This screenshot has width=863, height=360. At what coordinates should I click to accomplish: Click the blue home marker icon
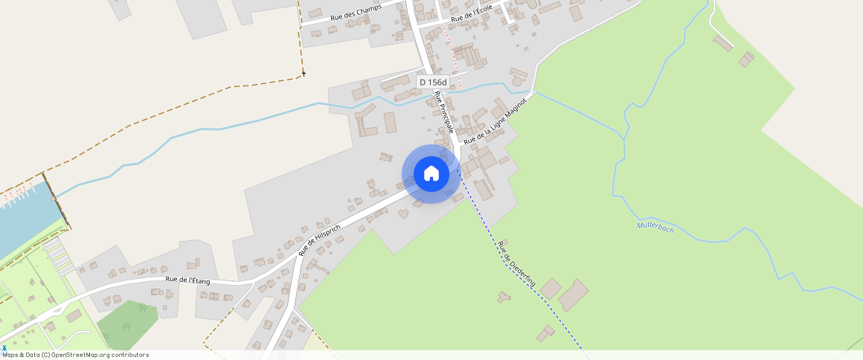click(x=431, y=174)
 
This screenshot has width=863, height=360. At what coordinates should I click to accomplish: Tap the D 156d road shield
click(x=433, y=83)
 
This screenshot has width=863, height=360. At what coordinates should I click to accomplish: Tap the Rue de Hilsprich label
click(x=319, y=239)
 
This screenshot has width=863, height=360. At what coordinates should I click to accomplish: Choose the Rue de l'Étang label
click(x=187, y=280)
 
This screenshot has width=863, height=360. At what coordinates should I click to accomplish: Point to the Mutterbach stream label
click(x=655, y=228)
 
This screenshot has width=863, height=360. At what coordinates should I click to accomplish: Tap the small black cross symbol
click(x=304, y=74)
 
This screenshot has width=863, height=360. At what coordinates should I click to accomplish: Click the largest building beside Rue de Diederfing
click(x=574, y=295)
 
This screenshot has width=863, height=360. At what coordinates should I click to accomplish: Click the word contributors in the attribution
click(x=127, y=355)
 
